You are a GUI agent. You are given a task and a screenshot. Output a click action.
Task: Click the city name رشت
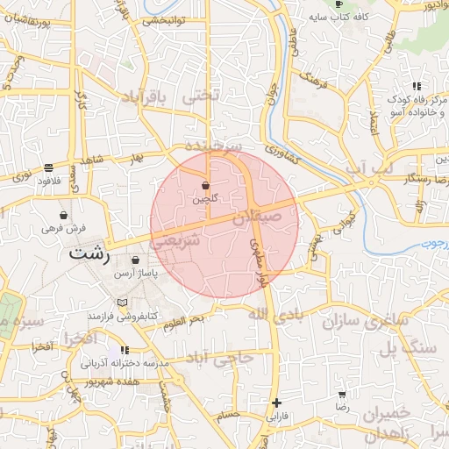[x=90, y=254]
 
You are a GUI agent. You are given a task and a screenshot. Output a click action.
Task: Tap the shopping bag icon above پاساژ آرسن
[x=135, y=260]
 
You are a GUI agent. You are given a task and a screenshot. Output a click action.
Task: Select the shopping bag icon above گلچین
[x=205, y=186]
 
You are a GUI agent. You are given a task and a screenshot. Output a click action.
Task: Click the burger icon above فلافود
[x=47, y=167]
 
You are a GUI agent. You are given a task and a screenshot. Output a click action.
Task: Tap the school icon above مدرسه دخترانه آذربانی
[x=125, y=350]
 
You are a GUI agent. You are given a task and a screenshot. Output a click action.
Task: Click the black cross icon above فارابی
[x=277, y=403]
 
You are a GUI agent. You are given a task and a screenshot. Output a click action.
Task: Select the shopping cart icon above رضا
[x=342, y=396]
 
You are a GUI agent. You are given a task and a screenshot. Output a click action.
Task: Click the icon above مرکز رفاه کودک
[x=416, y=86]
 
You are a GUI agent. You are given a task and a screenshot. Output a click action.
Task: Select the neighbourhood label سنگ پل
[x=404, y=348]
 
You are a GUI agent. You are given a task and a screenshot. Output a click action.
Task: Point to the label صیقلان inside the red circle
[x=259, y=213]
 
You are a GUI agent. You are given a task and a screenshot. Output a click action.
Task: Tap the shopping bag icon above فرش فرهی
[x=63, y=215]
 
